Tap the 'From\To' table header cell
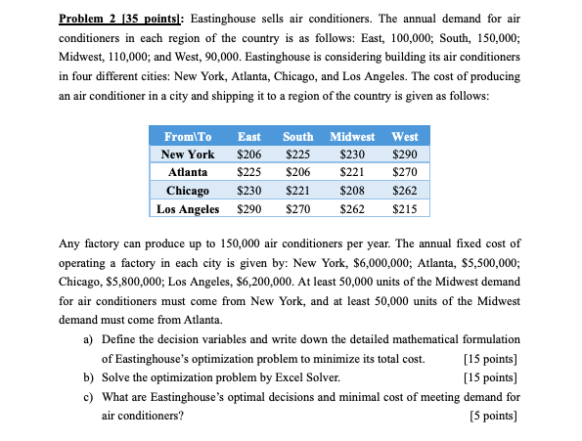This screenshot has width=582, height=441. (x=188, y=137)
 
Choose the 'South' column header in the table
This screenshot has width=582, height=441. (x=297, y=137)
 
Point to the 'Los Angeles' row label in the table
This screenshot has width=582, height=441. (x=188, y=208)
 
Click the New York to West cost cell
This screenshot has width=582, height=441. (x=404, y=154)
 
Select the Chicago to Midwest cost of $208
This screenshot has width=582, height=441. (x=352, y=191)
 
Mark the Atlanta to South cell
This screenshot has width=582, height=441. (x=297, y=172)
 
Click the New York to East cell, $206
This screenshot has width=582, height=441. (x=249, y=154)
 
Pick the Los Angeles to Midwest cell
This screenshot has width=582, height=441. (x=352, y=208)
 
